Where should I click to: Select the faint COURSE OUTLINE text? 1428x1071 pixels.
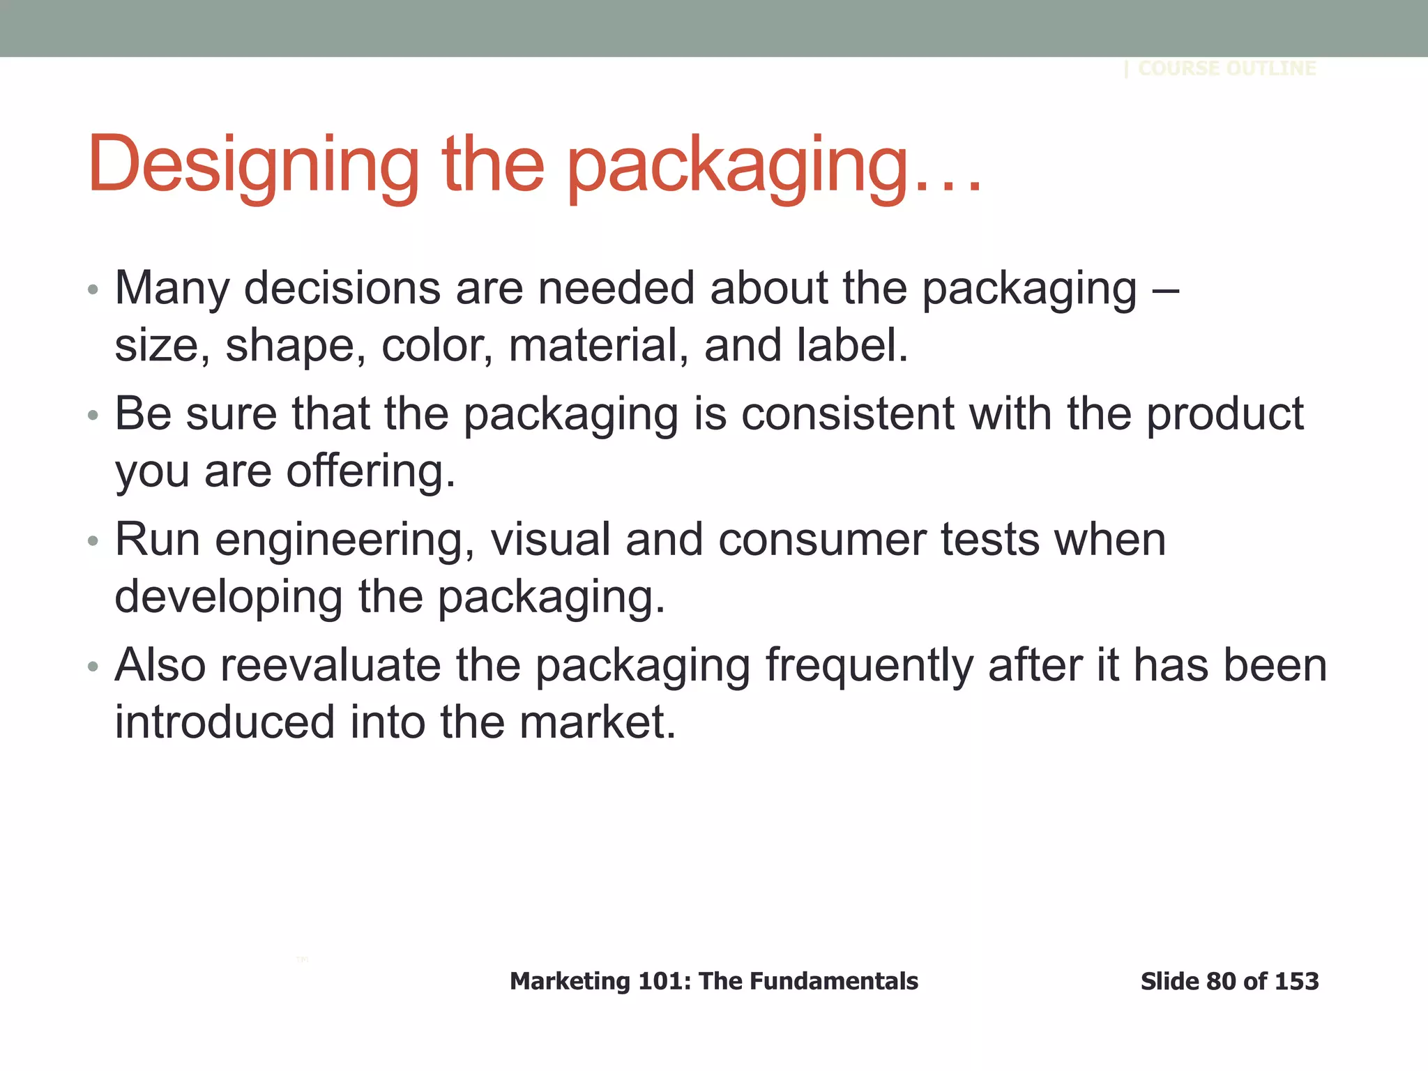(1226, 68)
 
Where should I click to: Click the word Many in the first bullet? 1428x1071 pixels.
(172, 289)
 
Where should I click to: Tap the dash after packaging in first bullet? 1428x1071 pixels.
(1165, 289)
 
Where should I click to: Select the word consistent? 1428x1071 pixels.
(847, 413)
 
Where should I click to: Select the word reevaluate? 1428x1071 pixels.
(331, 665)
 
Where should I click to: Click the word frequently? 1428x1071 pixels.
(869, 667)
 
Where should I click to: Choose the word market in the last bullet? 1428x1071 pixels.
(597, 722)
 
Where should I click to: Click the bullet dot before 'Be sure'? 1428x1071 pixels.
(93, 416)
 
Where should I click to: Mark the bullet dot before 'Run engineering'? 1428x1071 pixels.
(93, 542)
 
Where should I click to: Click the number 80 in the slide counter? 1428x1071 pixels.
(1221, 981)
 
